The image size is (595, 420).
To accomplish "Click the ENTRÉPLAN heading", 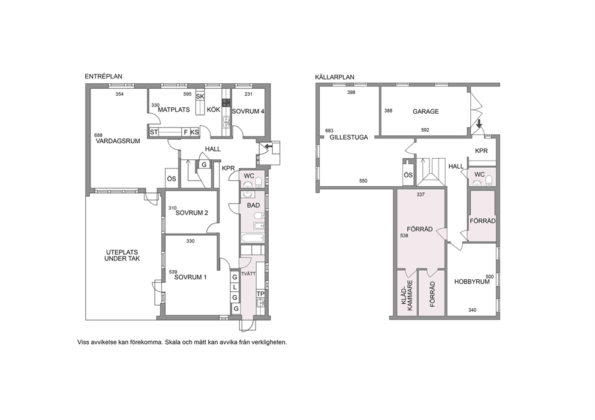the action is click(103, 77).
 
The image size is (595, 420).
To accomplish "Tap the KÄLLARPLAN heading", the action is click(335, 77).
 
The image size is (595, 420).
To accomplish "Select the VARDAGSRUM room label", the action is click(118, 141).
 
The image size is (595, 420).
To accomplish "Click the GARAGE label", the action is click(426, 111).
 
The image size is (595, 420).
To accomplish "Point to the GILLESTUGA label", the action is click(348, 137).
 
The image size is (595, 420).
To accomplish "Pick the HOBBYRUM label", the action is click(472, 282).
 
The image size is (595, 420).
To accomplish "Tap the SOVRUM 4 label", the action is click(248, 111).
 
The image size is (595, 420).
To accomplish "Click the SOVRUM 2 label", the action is click(191, 213).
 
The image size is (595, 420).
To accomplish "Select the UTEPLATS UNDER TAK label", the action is click(122, 255).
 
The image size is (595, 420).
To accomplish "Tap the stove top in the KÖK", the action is click(226, 102).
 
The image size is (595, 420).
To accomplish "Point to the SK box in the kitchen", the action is click(200, 96).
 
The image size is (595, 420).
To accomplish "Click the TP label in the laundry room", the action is click(260, 294).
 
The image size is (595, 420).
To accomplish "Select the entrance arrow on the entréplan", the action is click(269, 146).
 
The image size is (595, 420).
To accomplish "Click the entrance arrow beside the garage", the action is click(479, 123).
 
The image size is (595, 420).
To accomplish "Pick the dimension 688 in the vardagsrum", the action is click(98, 135).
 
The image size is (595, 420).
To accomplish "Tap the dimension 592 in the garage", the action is click(425, 130).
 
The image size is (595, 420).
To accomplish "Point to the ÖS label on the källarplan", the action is click(408, 175).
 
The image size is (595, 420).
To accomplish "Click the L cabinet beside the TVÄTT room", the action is click(235, 288).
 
